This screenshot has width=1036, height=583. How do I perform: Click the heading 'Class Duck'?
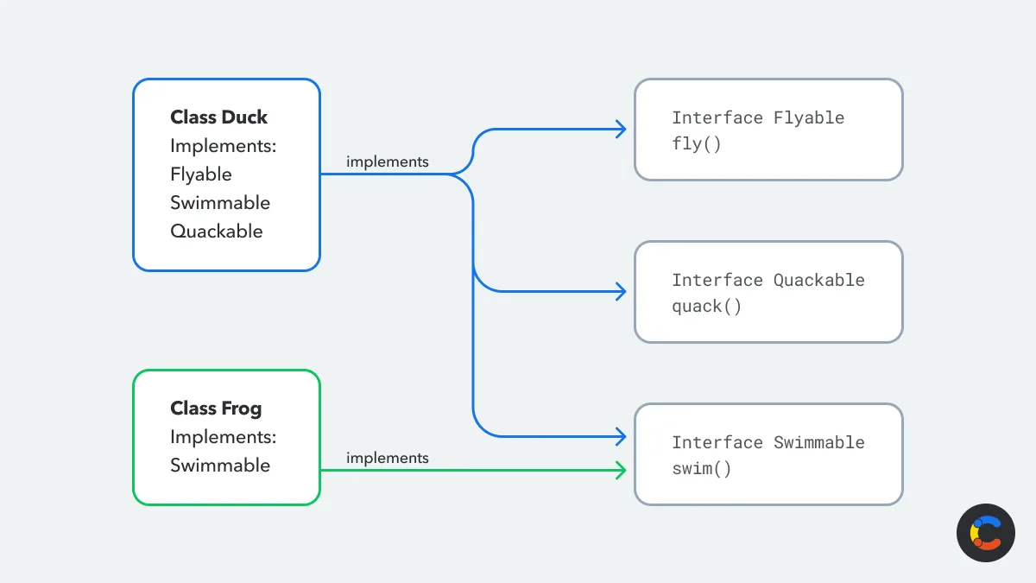click(218, 117)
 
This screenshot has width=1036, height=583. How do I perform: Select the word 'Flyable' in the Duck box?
click(200, 174)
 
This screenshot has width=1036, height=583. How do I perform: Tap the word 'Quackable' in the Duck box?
click(216, 231)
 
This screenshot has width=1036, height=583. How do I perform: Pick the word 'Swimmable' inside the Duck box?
click(219, 203)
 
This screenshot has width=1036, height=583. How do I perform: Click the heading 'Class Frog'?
click(215, 409)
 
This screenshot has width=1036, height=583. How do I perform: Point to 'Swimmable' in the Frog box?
click(219, 466)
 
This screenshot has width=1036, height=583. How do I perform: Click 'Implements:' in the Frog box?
click(223, 437)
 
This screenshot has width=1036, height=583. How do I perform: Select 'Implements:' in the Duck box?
click(223, 146)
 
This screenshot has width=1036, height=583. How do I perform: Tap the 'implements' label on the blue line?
click(387, 162)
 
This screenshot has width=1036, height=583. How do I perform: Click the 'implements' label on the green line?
click(387, 459)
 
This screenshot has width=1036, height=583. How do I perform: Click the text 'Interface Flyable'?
click(758, 117)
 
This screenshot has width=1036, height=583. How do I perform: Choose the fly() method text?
click(696, 144)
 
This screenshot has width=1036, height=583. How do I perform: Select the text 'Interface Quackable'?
click(768, 280)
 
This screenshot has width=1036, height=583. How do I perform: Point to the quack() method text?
click(706, 307)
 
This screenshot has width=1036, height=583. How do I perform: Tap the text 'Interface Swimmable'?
click(768, 442)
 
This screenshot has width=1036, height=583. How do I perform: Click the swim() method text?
click(701, 469)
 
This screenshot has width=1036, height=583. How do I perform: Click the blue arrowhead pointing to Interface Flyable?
click(620, 130)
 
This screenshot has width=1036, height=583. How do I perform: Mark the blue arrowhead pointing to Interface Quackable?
click(620, 292)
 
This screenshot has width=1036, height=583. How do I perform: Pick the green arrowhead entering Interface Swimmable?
click(620, 471)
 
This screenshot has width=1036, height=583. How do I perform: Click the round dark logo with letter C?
click(985, 533)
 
